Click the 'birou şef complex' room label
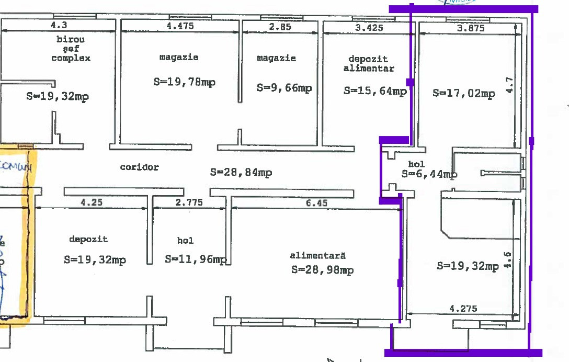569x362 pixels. point(71,49)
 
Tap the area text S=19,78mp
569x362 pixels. point(184,82)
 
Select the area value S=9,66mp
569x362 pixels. point(284,88)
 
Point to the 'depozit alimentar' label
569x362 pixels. point(369,64)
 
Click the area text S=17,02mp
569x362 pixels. point(464,94)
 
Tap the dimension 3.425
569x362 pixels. point(369,28)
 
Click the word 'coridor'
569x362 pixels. point(139,167)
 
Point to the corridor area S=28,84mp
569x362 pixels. point(241,172)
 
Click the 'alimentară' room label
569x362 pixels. point(318,256)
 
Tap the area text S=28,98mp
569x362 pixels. point(323,270)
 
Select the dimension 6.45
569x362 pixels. point(317,203)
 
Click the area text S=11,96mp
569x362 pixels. point(196,259)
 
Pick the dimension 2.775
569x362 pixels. point(189,202)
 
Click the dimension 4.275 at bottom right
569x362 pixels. point(463,309)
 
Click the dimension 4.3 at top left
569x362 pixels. point(59,24)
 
